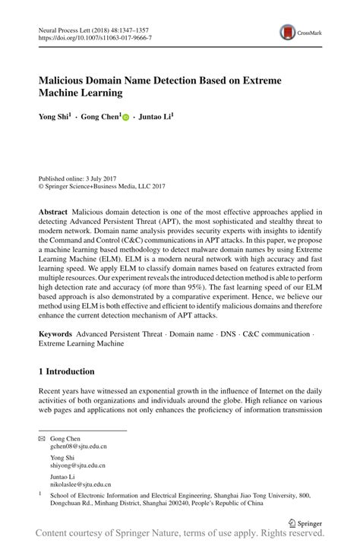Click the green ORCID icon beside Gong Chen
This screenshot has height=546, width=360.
point(126,118)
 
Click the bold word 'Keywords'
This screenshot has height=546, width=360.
point(55,334)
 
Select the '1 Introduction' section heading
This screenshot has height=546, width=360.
point(66,371)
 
